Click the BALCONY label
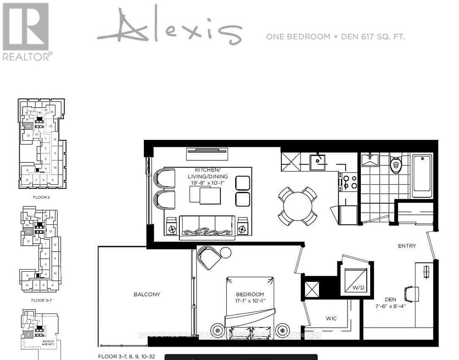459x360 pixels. tap(146, 294)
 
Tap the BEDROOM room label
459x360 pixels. tap(250, 294)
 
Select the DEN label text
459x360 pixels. tap(390, 300)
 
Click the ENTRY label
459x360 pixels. tap(406, 246)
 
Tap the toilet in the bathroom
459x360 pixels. tap(396, 164)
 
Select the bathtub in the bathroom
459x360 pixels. tap(422, 175)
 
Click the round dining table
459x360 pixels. tap(298, 206)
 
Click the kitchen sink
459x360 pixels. tap(318, 161)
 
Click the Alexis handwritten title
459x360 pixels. tap(170, 26)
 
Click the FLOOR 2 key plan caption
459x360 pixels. tap(42, 197)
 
